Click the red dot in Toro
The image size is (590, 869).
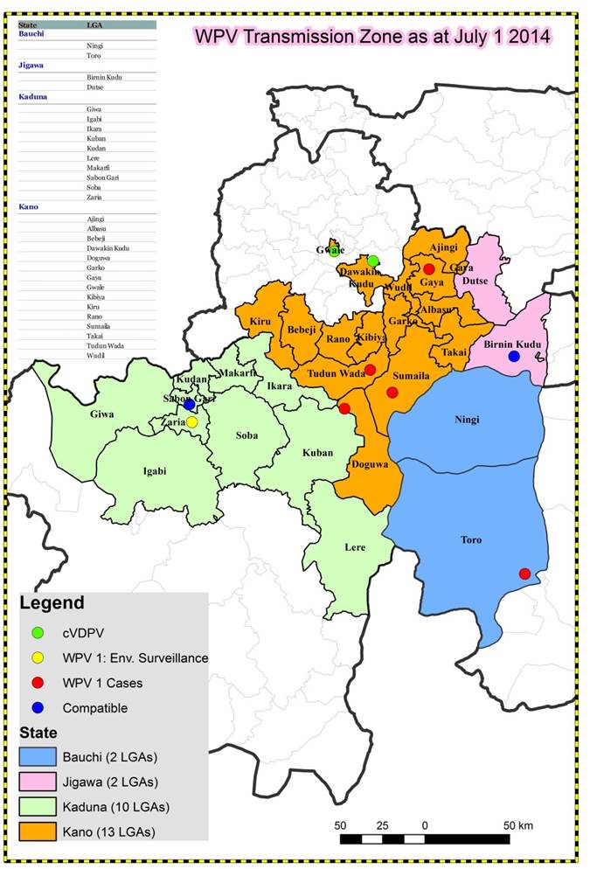pyautogui.click(x=524, y=574)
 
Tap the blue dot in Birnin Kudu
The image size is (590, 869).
pyautogui.click(x=514, y=356)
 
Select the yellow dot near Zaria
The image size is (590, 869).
pyautogui.click(x=191, y=422)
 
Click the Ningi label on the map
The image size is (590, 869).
pyautogui.click(x=467, y=420)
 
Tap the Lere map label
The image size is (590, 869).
pyautogui.click(x=354, y=547)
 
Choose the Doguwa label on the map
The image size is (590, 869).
pyautogui.click(x=369, y=464)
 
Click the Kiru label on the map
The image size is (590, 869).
pyautogui.click(x=260, y=321)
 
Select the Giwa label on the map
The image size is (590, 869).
pyautogui.click(x=101, y=414)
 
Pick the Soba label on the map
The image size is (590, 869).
pyautogui.click(x=247, y=434)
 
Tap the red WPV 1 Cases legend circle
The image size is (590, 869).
pyautogui.click(x=38, y=683)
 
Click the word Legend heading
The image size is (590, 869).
pyautogui.click(x=52, y=603)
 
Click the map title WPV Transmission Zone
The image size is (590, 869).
pyautogui.click(x=371, y=37)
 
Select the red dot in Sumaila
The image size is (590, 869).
pyautogui.click(x=392, y=393)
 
